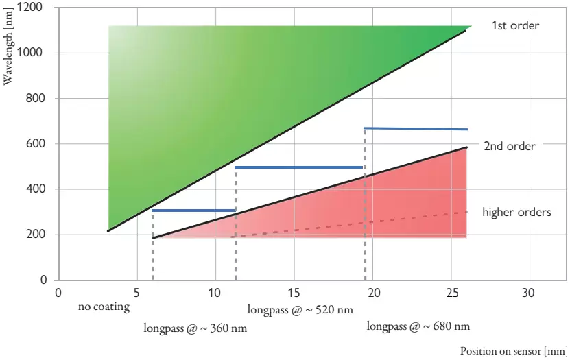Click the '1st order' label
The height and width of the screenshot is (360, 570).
(x=515, y=26)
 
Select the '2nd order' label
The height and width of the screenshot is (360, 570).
(x=510, y=146)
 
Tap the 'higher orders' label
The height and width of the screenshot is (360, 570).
(x=516, y=212)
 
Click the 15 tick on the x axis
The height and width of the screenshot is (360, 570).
(x=294, y=292)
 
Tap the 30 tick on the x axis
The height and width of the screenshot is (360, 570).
(x=529, y=292)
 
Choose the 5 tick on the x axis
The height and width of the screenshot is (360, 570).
(x=137, y=292)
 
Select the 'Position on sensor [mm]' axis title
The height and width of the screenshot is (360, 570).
(x=513, y=351)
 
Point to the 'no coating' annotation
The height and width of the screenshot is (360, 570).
(x=104, y=307)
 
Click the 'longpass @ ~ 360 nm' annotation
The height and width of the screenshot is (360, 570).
(x=195, y=328)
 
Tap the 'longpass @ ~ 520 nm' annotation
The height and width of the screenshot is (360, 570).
(x=300, y=310)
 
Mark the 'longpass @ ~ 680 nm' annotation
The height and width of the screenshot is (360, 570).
(x=418, y=326)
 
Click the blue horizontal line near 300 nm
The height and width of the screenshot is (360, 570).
(x=194, y=211)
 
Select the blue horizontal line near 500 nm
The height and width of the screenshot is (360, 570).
(x=299, y=167)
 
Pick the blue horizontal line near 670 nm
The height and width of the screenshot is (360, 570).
(x=416, y=129)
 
